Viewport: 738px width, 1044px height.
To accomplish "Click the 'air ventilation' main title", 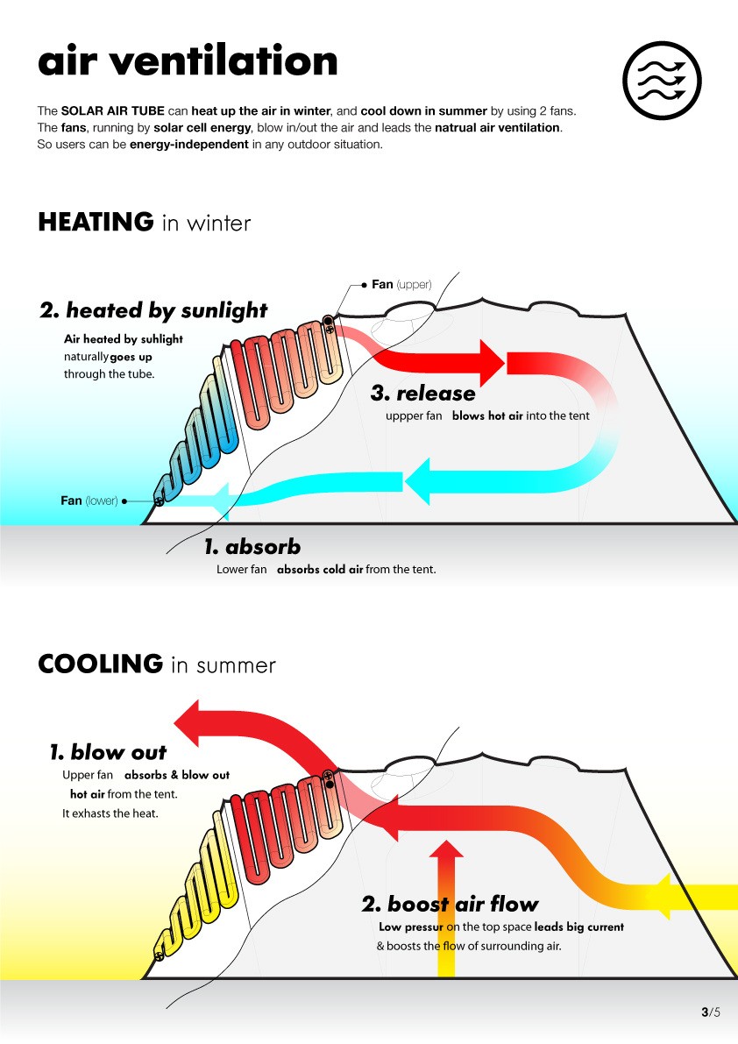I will point(188,61).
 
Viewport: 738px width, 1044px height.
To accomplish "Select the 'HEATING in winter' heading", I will point(144,223).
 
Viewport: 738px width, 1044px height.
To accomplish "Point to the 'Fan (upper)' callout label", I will point(401,284).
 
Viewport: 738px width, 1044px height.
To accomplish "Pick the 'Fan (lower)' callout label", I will point(89,501).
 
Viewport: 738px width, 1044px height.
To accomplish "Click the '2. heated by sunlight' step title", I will point(153,310).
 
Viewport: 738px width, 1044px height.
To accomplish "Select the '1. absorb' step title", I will point(252,547).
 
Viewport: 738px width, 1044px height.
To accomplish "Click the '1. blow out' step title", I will point(108,752).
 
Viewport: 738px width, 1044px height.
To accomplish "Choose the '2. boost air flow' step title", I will point(450,904).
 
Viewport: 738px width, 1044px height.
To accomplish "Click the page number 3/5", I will point(710,1012).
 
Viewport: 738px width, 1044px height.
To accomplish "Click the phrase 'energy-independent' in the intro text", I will point(188,144).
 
